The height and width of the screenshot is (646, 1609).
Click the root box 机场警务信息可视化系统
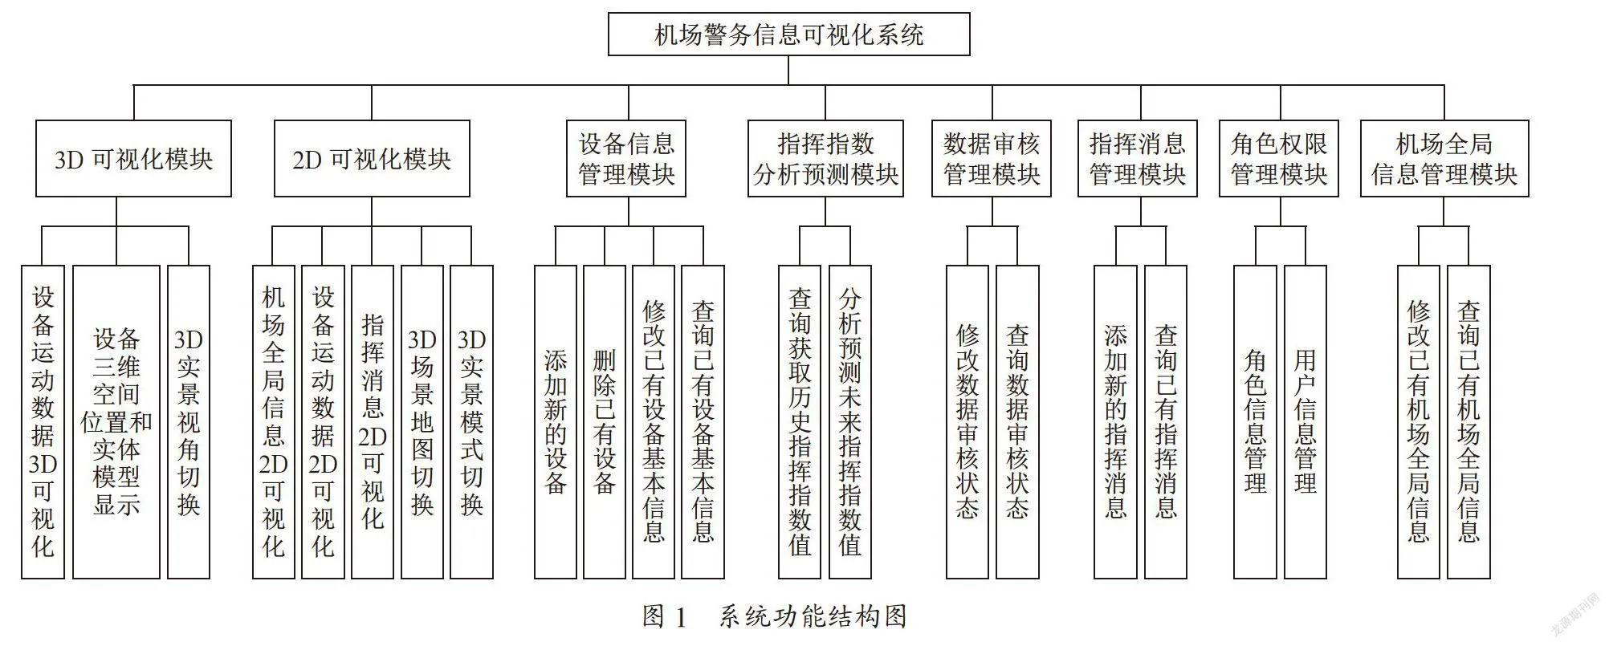point(788,34)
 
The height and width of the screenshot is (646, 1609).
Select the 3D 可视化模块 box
point(133,159)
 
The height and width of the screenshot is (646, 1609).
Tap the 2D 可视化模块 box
point(372,159)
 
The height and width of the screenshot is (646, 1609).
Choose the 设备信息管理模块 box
point(626,159)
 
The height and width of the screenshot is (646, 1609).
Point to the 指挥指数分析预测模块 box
point(825,159)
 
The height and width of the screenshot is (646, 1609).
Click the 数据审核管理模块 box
point(992,159)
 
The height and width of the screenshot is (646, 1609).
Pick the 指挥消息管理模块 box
point(1137,159)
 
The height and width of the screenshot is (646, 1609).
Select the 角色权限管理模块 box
point(1279,159)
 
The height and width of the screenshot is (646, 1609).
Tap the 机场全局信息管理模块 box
point(1444,159)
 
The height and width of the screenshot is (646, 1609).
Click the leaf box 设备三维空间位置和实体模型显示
point(116,422)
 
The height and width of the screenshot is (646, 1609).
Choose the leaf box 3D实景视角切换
point(188,422)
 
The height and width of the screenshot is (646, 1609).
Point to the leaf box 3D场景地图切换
point(422,422)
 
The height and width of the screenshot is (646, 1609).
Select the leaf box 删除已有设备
point(605,422)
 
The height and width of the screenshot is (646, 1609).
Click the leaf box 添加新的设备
point(556,422)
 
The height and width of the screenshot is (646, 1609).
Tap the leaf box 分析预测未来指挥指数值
point(850,422)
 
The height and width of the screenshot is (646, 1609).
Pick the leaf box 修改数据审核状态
point(967,422)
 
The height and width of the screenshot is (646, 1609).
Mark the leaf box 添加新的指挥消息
point(1115,422)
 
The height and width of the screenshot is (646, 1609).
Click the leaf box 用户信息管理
point(1306,422)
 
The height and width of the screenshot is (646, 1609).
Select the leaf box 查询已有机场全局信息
point(1468,422)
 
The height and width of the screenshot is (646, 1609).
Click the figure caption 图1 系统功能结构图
point(775,616)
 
